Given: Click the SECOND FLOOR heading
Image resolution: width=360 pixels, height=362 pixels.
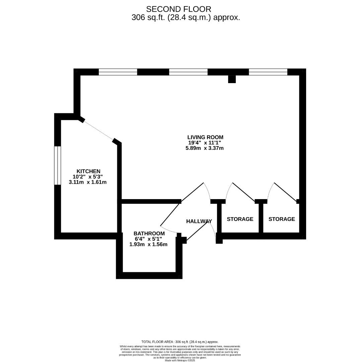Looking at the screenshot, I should tap(178, 9).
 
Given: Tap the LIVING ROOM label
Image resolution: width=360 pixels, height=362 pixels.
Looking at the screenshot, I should tap(205, 137).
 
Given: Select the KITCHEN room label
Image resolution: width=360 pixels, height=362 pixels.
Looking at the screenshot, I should tap(88, 171).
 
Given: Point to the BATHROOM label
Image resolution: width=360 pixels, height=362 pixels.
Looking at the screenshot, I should tap(149, 234).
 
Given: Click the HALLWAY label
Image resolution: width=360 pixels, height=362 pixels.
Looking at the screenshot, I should tap(199, 221).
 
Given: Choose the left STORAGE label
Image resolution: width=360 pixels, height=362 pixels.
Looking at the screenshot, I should tap(240, 219).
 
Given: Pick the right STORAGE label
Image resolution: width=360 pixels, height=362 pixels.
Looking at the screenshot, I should tap(282, 219).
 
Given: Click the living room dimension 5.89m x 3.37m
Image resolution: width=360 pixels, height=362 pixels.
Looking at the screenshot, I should tap(205, 148).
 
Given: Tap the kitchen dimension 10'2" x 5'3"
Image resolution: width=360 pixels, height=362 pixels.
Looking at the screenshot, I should tap(88, 177).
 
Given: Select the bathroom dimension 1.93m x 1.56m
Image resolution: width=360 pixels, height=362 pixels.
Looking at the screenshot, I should tap(148, 244).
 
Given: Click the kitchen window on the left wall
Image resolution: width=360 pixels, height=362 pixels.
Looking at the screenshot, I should tap(58, 165).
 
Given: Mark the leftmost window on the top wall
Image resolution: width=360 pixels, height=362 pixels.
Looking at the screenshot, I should tap(118, 72).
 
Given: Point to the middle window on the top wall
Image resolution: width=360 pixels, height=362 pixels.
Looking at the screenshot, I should tap(188, 72).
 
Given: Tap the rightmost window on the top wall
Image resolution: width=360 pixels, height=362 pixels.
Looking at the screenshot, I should tap(268, 72).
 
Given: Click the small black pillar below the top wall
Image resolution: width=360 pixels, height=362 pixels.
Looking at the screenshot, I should tap(232, 79).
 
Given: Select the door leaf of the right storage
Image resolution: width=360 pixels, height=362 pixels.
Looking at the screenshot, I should tap(286, 192).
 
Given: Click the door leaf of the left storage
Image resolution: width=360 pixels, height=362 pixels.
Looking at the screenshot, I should tap(243, 192).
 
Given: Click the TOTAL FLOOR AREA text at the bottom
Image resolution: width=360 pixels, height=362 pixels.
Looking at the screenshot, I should tap(180, 342).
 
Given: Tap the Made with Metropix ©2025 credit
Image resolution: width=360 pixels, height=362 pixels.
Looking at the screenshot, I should tap(180, 360).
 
